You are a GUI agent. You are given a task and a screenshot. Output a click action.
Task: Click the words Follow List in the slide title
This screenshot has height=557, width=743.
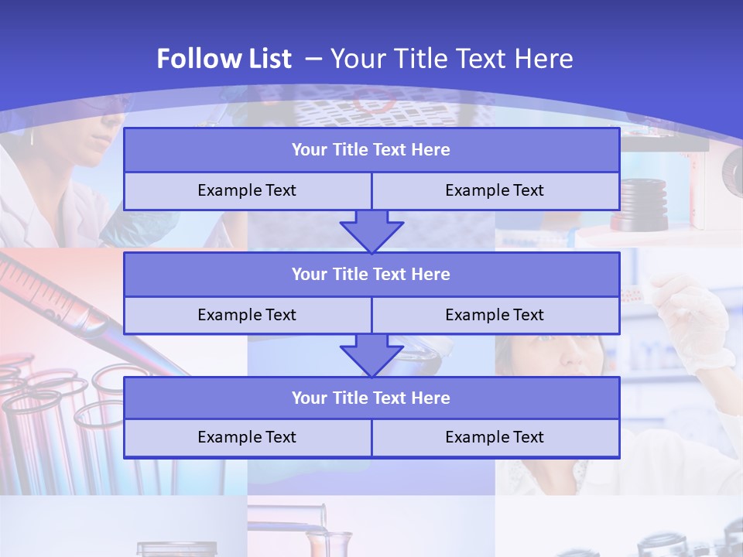coord(224,59)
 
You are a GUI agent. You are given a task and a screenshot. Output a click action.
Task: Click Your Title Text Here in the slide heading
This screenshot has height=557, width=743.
coord(452,59)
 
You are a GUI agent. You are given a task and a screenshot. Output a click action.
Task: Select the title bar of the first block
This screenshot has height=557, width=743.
coord(371,150)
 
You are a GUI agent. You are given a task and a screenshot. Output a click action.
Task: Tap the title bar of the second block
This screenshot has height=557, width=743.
coord(371,274)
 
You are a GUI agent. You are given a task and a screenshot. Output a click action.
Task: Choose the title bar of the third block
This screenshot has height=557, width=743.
coord(371,398)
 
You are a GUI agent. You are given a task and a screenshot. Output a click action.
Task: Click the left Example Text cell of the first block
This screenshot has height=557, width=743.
coord(247,190)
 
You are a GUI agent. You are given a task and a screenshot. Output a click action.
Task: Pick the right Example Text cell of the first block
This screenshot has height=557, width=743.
coord(495,190)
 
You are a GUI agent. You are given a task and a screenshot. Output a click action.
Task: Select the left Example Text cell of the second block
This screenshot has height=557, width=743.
coord(247,315)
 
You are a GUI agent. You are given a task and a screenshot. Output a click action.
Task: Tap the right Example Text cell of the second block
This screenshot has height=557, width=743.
coord(495,315)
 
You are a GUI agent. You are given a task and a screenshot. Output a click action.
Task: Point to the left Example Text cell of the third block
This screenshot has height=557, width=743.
coord(247,437)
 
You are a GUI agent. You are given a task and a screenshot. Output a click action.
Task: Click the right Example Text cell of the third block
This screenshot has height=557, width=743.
coord(495,437)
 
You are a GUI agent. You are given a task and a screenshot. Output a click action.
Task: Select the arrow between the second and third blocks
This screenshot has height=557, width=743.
coord(371,355)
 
